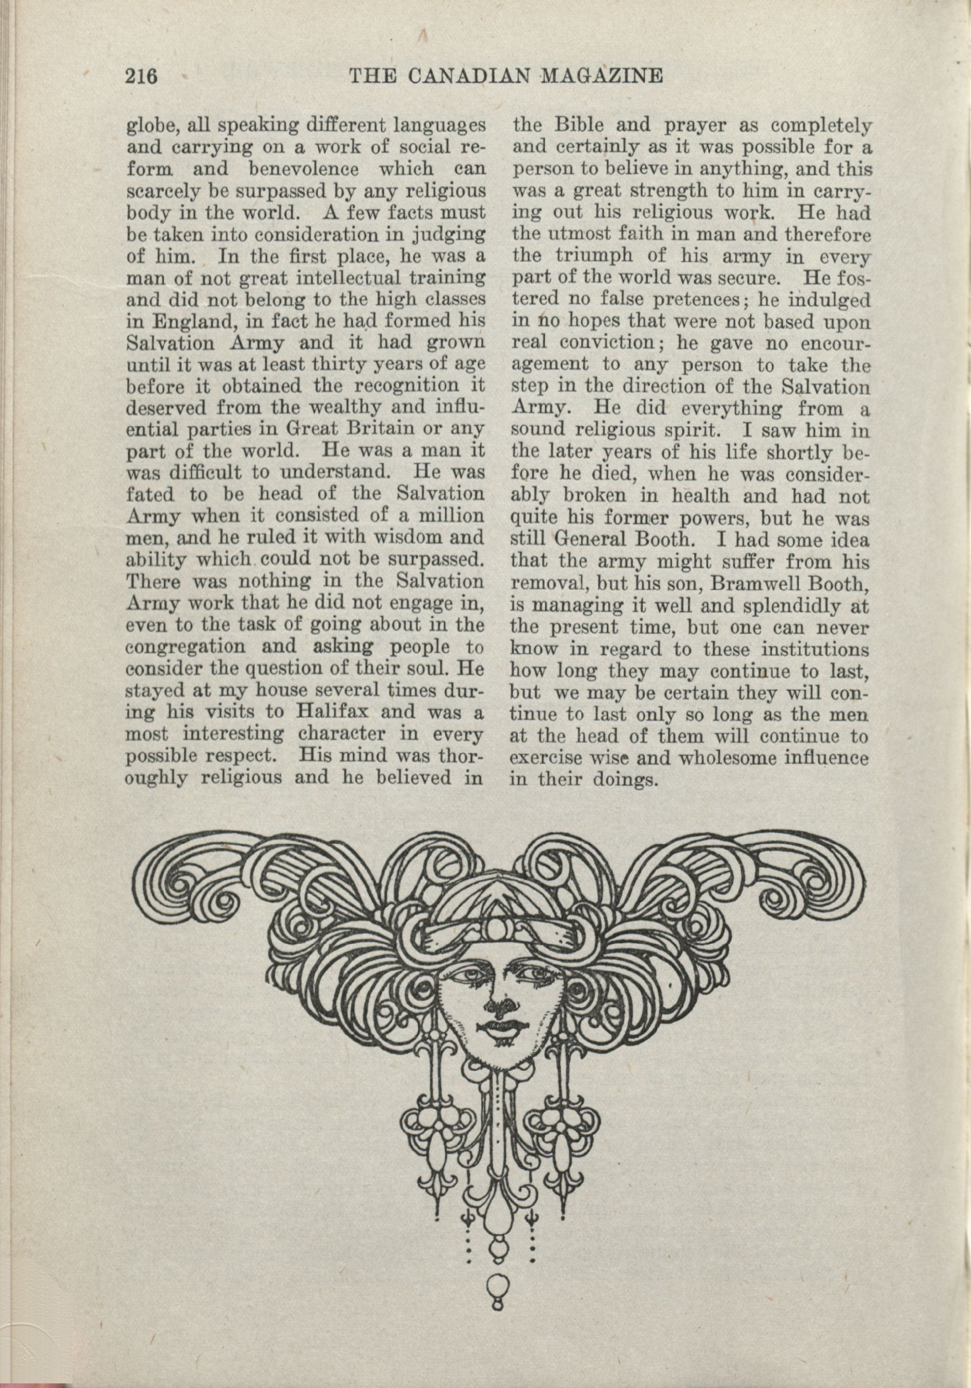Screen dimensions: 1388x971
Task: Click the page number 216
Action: tap(141, 77)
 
